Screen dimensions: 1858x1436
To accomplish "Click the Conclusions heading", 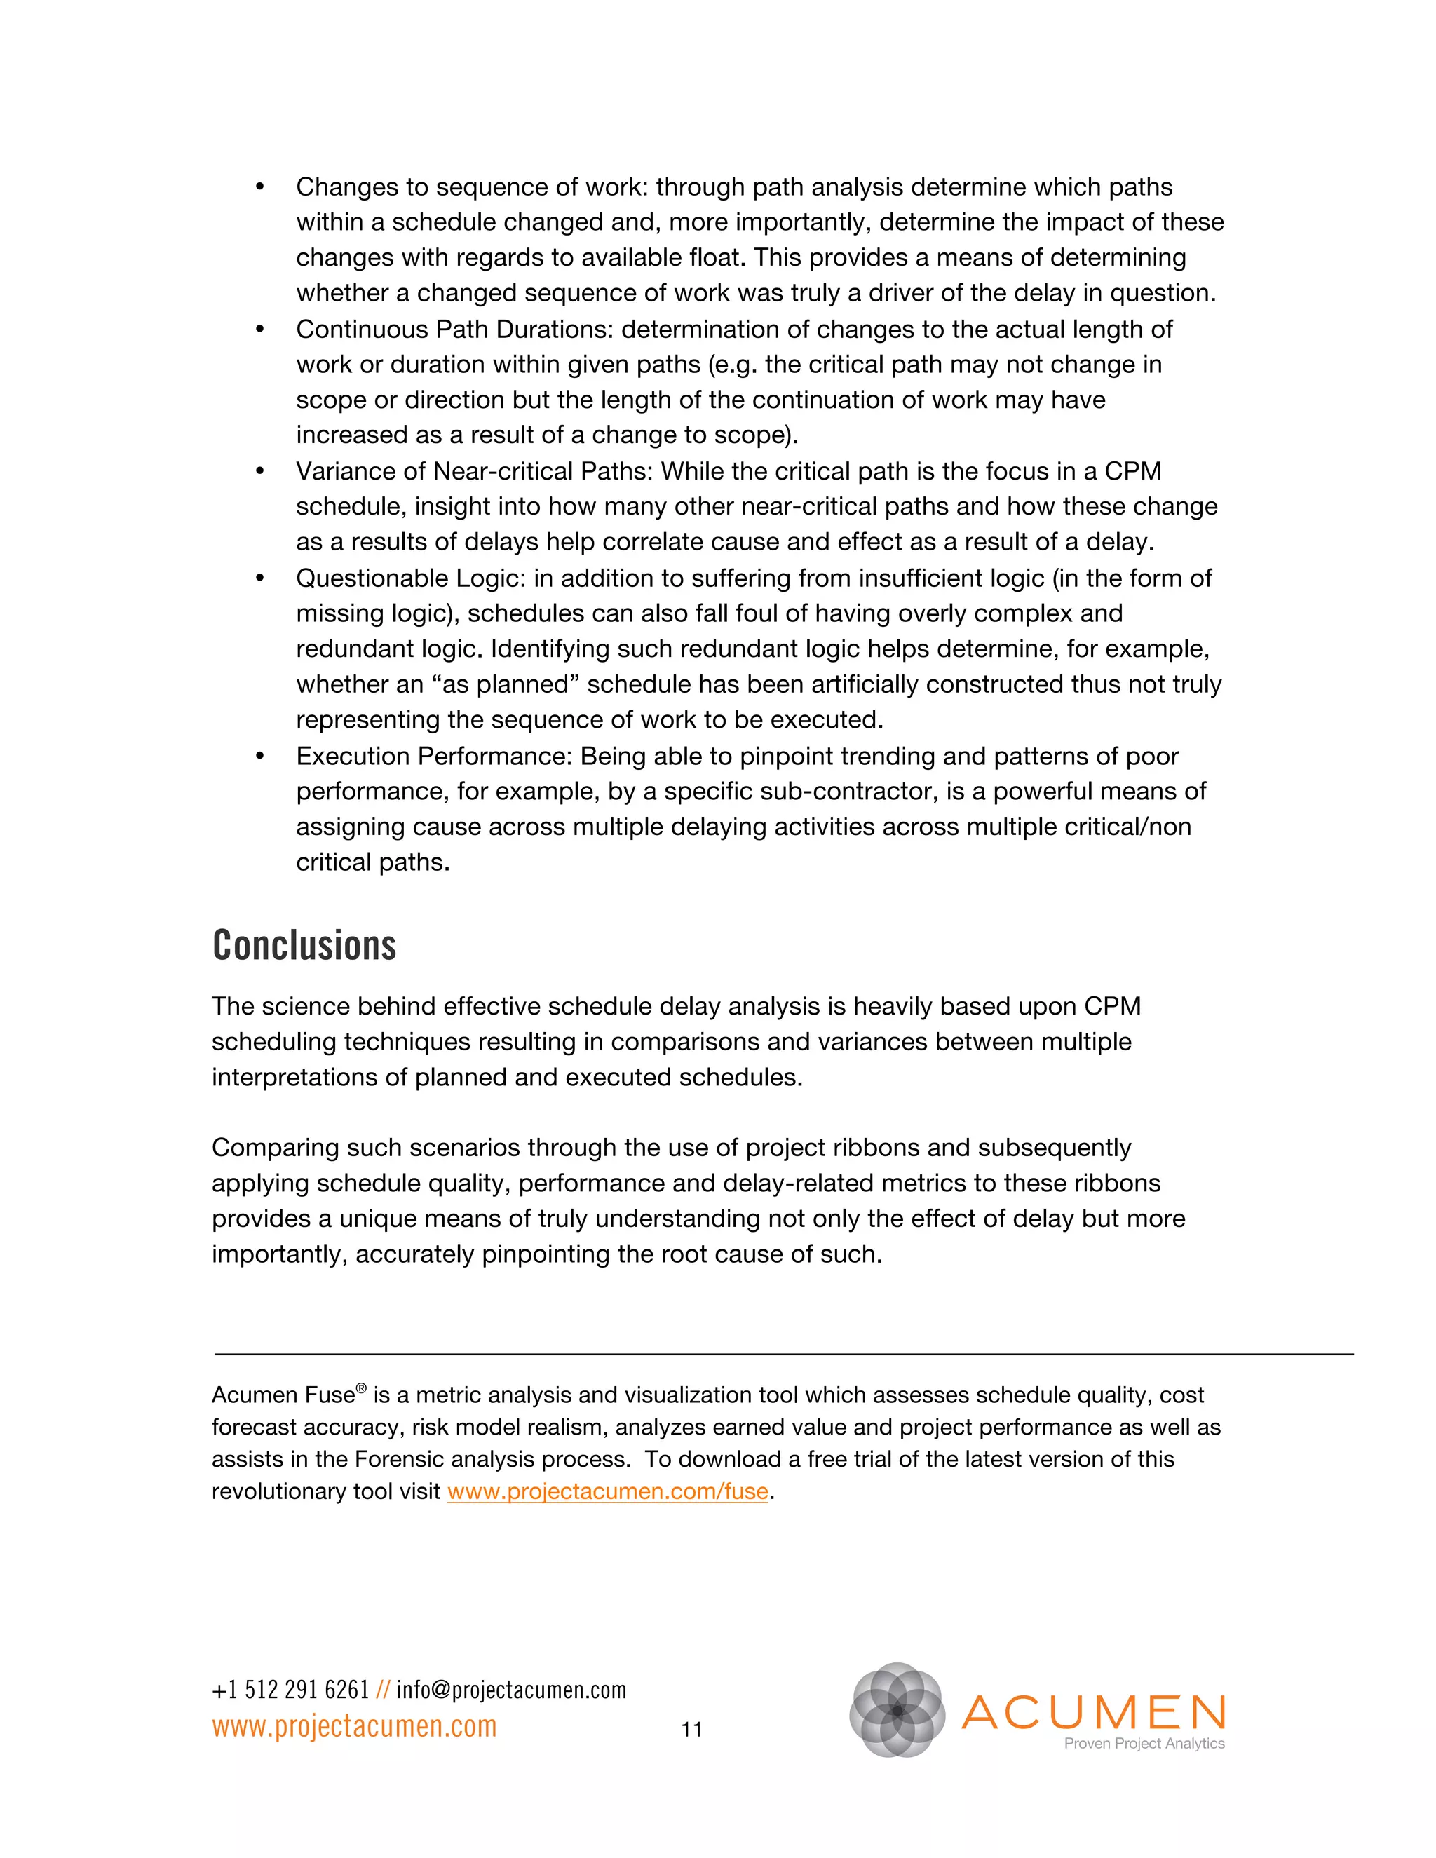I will [304, 945].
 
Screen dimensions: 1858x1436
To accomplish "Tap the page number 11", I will [691, 1729].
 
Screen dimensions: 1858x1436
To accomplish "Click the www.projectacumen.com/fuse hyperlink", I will [607, 1491].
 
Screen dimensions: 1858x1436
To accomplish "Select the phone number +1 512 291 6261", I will [290, 1690].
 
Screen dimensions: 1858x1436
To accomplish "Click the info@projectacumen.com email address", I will [511, 1690].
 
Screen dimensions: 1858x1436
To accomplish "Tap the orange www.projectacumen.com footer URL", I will [354, 1726].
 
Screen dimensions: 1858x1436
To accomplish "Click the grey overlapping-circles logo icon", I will [897, 1709].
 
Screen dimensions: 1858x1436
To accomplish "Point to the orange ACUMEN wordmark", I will [1094, 1711].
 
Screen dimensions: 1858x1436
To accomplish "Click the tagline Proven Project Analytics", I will [1144, 1743].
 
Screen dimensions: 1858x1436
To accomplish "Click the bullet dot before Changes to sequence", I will [260, 187].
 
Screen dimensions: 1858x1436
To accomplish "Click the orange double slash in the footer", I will [383, 1690].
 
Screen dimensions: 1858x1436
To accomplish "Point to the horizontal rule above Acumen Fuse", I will [783, 1353].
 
